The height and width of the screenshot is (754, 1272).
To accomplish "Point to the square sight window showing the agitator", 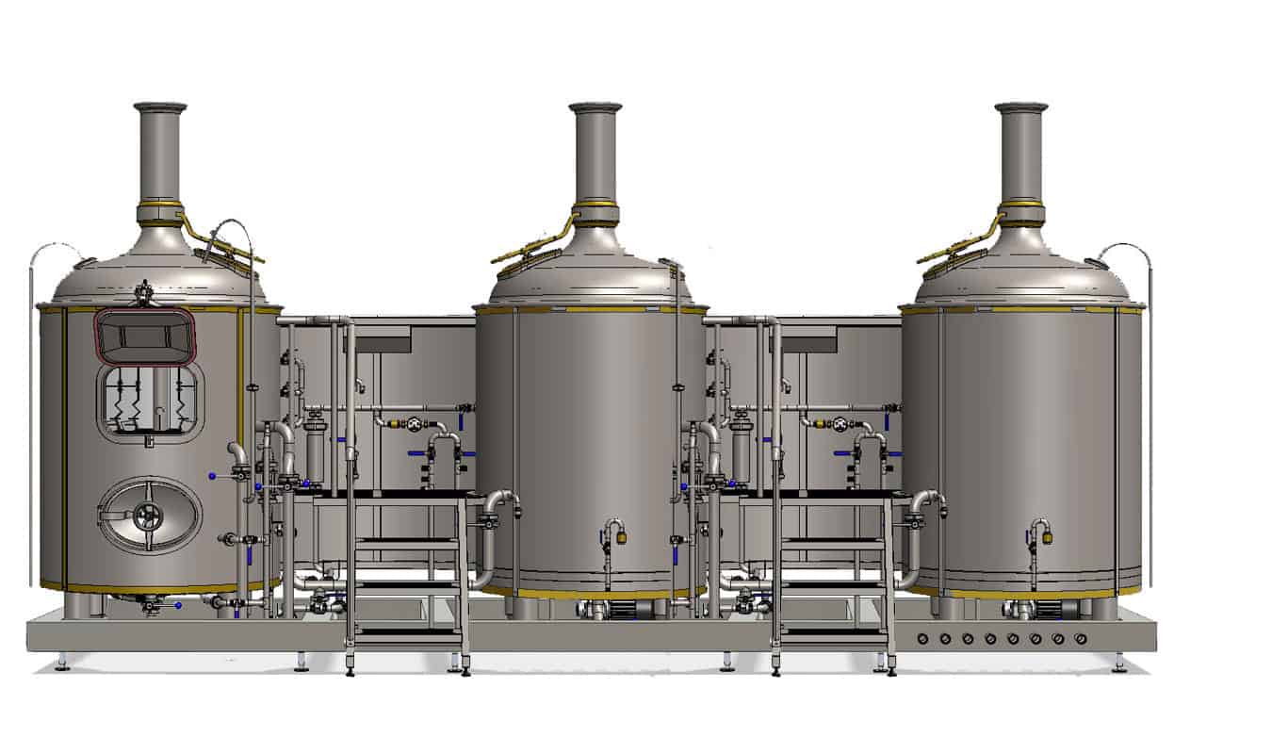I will (x=150, y=402).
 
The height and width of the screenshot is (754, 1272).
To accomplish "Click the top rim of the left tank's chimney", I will (x=159, y=107).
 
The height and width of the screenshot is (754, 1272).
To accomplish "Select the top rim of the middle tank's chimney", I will (x=595, y=107).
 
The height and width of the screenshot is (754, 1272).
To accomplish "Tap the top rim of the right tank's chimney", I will (x=1021, y=107).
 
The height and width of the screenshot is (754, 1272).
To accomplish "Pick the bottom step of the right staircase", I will (x=835, y=636).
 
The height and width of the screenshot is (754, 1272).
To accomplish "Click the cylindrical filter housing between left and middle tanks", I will (x=314, y=452).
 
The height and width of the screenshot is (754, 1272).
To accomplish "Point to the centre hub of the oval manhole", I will (x=146, y=515).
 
